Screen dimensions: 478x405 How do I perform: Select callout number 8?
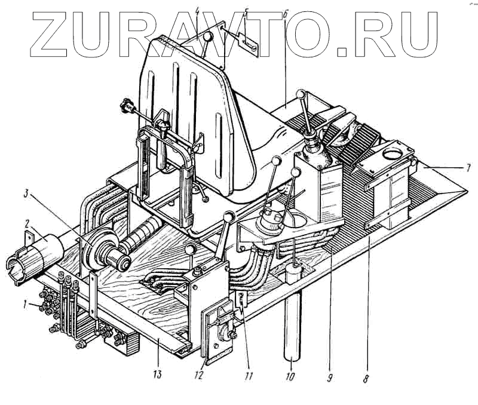pyautogui.click(x=366, y=378)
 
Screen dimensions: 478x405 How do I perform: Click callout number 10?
pyautogui.click(x=290, y=378)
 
